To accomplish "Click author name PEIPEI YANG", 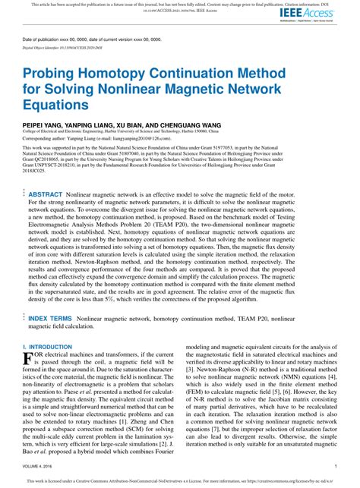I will pyautogui.click(x=44, y=121).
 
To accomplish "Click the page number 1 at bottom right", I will pyautogui.click(x=335, y=465).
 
